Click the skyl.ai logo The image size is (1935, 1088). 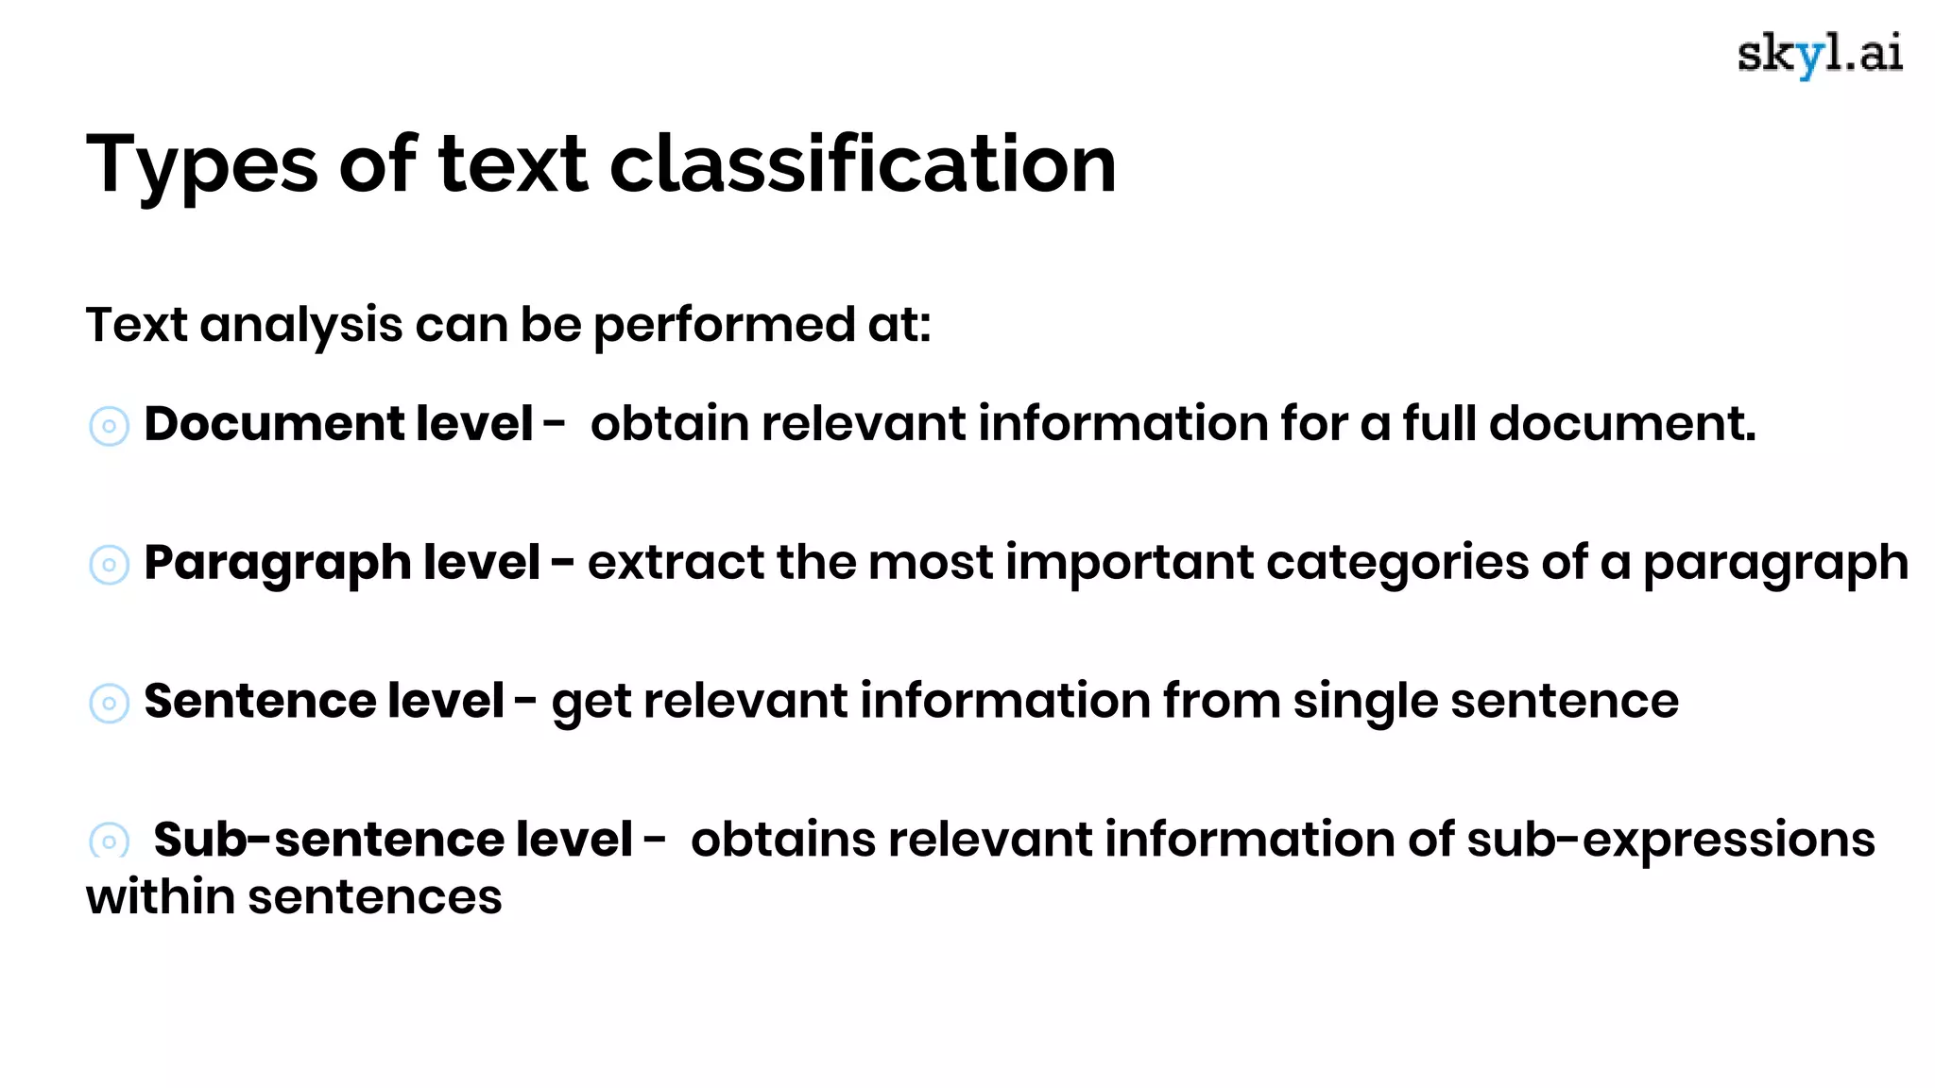(x=1819, y=55)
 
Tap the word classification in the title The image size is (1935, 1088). (x=863, y=164)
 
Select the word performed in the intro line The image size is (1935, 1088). (x=724, y=326)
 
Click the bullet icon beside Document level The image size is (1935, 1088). (x=109, y=426)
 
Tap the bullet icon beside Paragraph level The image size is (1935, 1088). (x=109, y=565)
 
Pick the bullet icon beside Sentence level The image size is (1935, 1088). (x=109, y=704)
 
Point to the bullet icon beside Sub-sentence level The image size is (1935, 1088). (x=109, y=840)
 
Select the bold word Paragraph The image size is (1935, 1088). (x=276, y=564)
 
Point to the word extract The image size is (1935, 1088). (x=676, y=563)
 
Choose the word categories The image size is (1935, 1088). (x=1396, y=564)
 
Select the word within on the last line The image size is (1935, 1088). (x=161, y=896)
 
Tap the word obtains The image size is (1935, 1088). (x=783, y=839)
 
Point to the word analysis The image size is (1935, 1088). (x=301, y=326)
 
